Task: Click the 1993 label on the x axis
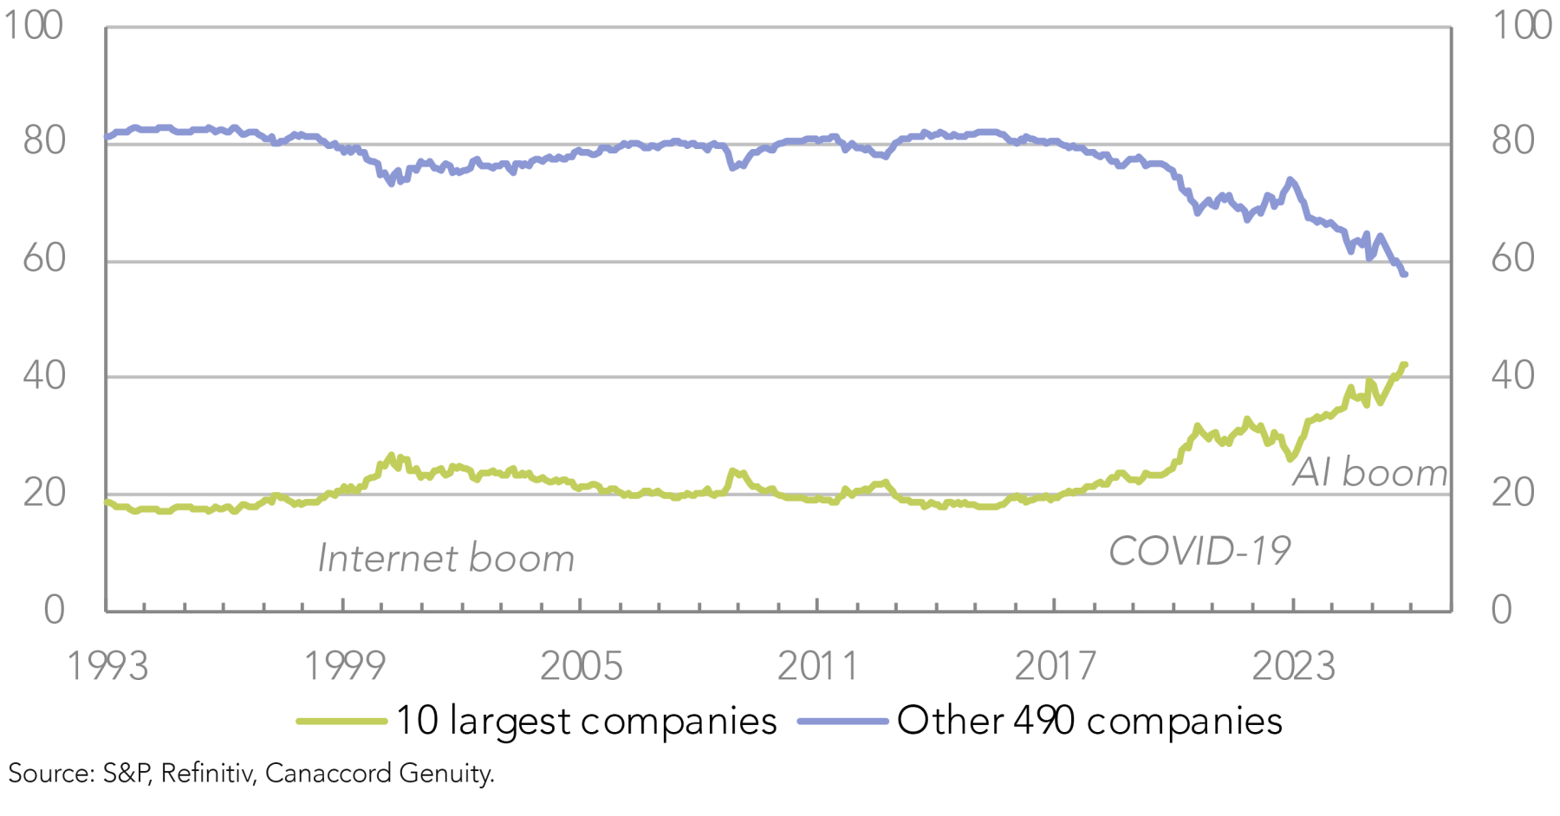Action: tap(107, 666)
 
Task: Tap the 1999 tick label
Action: tap(344, 666)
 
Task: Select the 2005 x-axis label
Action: tap(582, 666)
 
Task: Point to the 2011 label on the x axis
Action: tap(818, 666)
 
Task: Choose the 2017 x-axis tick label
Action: tap(1056, 666)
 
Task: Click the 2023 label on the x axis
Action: tap(1293, 666)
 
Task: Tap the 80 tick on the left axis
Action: tap(45, 141)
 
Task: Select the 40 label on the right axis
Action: tap(1513, 376)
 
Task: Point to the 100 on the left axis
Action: tap(35, 25)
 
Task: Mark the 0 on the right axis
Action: tap(1502, 610)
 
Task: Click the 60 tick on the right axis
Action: tap(1513, 258)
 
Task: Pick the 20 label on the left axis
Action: tap(45, 493)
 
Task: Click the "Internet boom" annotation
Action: tap(446, 559)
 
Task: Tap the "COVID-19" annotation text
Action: tap(1199, 551)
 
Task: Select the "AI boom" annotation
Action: tap(1370, 473)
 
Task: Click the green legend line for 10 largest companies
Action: tap(341, 721)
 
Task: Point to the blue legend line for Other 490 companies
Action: tap(842, 721)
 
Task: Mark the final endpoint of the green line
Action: tap(1404, 365)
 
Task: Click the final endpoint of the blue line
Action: tap(1404, 274)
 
